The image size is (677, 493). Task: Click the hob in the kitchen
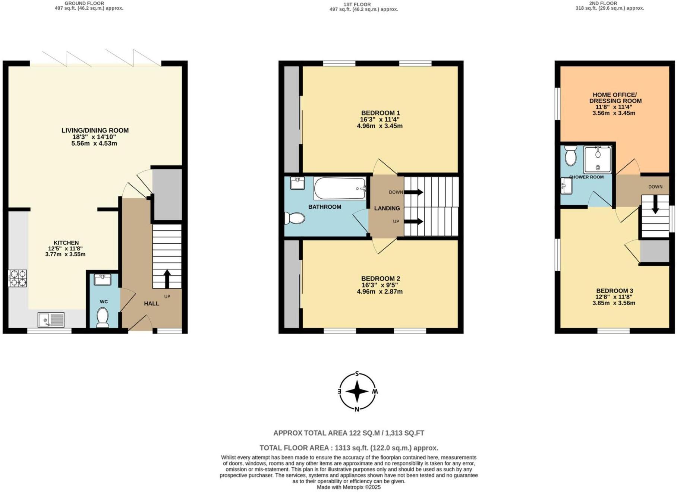pyautogui.click(x=18, y=278)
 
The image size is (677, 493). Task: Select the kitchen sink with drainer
pyautogui.click(x=51, y=320)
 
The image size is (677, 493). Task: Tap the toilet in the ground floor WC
pyautogui.click(x=102, y=317)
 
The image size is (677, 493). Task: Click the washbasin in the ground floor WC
pyautogui.click(x=102, y=279)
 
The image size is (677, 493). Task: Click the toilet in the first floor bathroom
pyautogui.click(x=295, y=218)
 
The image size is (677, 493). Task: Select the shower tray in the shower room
pyautogui.click(x=598, y=159)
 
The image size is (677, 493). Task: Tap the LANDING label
pyautogui.click(x=387, y=208)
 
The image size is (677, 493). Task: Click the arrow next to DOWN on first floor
pyautogui.click(x=414, y=192)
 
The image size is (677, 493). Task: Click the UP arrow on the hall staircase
pyautogui.click(x=167, y=278)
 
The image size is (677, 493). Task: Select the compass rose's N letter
pyautogui.click(x=357, y=409)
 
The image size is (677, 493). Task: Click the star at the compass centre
pyautogui.click(x=357, y=392)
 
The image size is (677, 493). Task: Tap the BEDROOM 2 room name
pyautogui.click(x=380, y=278)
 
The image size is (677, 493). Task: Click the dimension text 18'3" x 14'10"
pyautogui.click(x=95, y=137)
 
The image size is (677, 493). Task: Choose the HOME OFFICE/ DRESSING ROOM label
pyautogui.click(x=615, y=98)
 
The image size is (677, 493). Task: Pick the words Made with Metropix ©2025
pyautogui.click(x=349, y=487)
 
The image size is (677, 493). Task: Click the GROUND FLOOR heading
pyautogui.click(x=84, y=3)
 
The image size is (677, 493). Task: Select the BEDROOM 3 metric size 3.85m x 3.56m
pyautogui.click(x=614, y=303)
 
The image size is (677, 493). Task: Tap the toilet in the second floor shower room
pyautogui.click(x=570, y=157)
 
